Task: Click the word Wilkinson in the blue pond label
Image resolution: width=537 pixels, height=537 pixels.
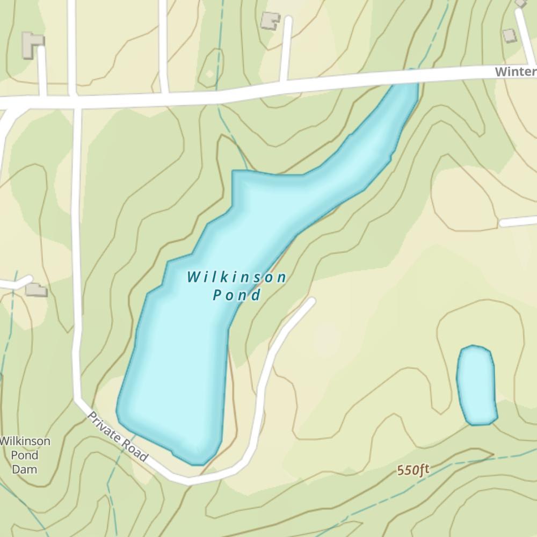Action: [x=237, y=278]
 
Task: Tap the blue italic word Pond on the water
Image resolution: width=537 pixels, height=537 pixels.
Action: [x=237, y=295]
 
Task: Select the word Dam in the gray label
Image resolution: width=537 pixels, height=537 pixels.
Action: [x=25, y=469]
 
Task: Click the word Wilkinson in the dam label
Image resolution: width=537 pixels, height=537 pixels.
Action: [x=25, y=441]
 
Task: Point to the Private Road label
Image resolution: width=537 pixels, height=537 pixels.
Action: [x=118, y=437]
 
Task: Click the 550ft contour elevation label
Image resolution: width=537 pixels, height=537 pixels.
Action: [x=413, y=470]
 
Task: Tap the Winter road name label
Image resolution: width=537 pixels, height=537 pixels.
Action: [x=515, y=71]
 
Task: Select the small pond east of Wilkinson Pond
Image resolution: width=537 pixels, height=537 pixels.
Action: [x=476, y=385]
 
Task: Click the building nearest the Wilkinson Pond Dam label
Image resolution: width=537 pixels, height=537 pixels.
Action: [x=37, y=290]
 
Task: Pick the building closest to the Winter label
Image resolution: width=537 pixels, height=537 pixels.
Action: [x=509, y=35]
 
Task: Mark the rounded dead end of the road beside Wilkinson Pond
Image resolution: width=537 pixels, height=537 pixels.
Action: [x=310, y=301]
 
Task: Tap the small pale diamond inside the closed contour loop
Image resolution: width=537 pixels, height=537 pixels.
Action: [x=209, y=74]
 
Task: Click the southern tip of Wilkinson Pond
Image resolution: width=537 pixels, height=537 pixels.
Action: [x=197, y=462]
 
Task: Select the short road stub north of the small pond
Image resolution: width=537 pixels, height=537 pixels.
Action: [x=518, y=221]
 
